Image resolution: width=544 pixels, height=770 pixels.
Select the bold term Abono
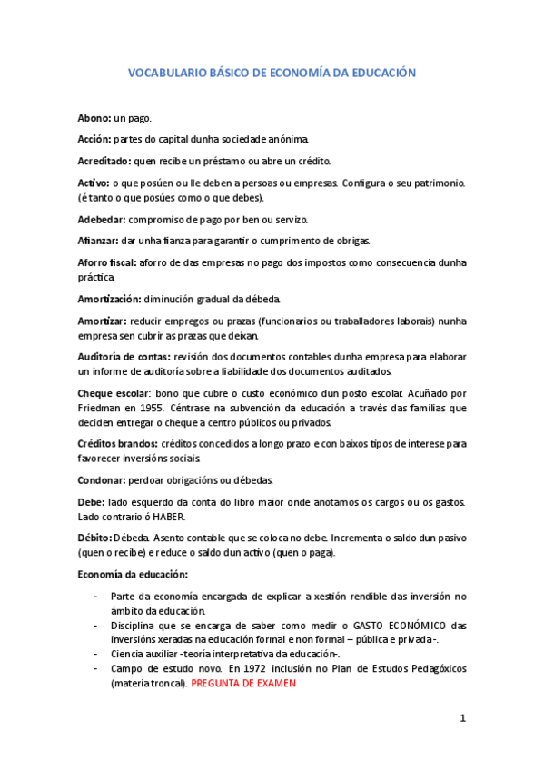pos(94,118)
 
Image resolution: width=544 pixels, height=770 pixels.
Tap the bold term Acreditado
pos(105,161)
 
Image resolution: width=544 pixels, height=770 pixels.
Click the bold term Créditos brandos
pos(118,443)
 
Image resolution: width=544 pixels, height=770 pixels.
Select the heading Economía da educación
pos(133,574)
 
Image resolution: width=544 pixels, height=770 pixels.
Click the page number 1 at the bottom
pos(462,718)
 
